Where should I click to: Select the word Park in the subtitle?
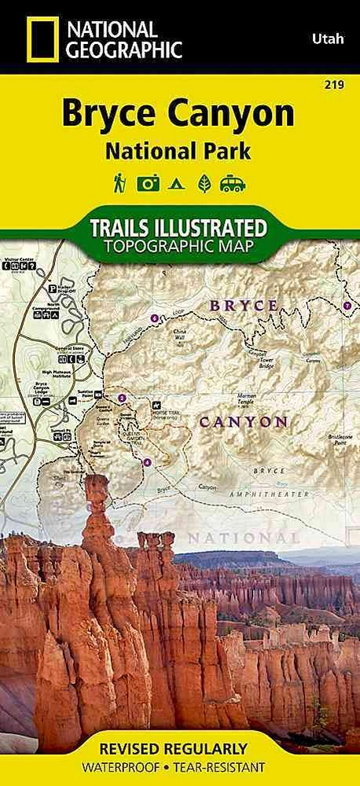223,151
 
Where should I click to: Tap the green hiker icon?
119,183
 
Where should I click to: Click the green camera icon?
148,184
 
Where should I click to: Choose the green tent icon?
177,184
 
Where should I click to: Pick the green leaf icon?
204,184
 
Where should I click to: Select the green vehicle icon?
233,184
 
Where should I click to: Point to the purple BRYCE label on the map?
244,304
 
